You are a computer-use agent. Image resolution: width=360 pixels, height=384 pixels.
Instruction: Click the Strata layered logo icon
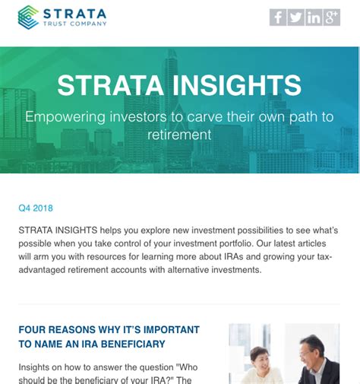pos(29,17)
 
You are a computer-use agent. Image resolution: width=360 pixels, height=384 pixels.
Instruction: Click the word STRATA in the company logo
pos(74,13)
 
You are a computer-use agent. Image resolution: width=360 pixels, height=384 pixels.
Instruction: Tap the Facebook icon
pos(278,17)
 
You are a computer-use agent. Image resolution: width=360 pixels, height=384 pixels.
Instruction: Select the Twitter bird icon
pos(295,17)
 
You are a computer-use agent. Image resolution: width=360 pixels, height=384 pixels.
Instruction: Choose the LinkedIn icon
pos(314,17)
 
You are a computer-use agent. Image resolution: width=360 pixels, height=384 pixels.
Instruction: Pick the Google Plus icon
pos(331,17)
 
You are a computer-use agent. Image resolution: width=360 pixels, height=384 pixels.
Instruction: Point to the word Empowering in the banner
pos(64,118)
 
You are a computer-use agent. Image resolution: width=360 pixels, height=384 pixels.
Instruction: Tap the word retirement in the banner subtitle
pos(180,135)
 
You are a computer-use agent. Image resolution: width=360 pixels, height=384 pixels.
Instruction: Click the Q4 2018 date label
pos(36,208)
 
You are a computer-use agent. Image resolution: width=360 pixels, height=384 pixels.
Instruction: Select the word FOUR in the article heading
pos(33,330)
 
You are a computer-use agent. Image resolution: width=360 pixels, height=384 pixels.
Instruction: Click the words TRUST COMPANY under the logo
pos(74,24)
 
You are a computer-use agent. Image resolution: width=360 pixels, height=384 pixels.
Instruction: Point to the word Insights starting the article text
pos(36,367)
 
